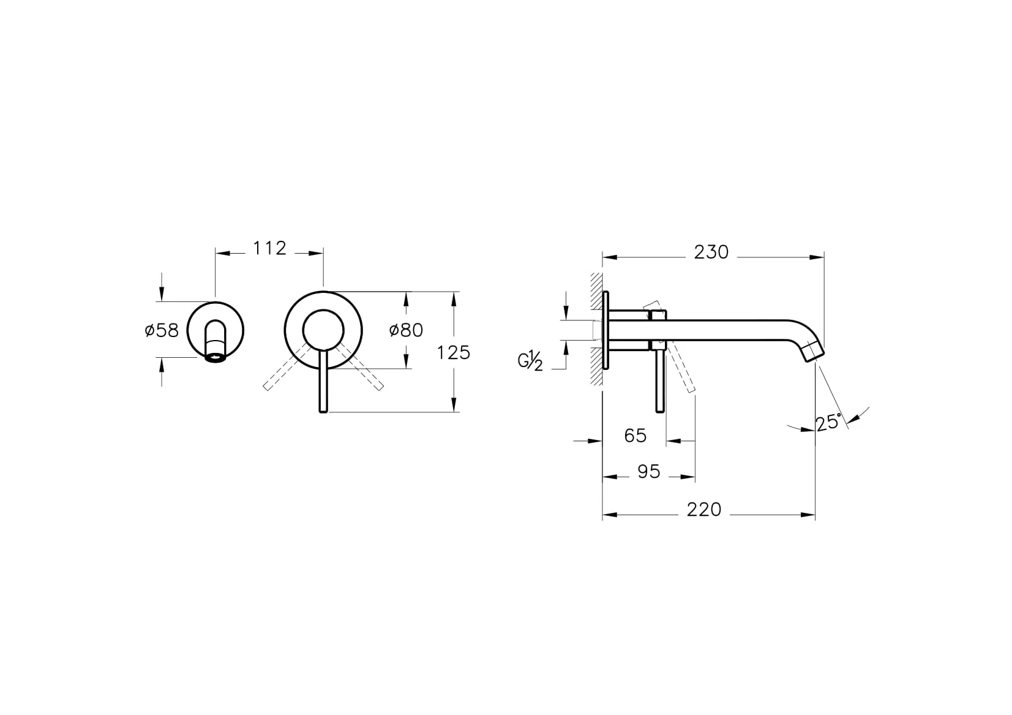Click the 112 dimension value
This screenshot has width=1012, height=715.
269,248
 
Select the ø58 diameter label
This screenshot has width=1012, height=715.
162,330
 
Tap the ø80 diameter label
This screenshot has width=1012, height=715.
406,330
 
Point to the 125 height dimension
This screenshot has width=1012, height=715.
454,352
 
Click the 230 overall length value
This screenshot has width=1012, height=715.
711,252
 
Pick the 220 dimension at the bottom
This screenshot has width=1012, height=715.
704,510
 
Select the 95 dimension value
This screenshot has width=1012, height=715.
649,471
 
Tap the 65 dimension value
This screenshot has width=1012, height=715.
635,436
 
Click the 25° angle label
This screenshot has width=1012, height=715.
828,422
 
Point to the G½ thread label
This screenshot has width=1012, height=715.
531,361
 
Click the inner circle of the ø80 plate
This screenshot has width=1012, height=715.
323,330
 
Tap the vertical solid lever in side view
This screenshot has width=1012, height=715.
659,383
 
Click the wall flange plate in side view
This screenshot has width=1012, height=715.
606,331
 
